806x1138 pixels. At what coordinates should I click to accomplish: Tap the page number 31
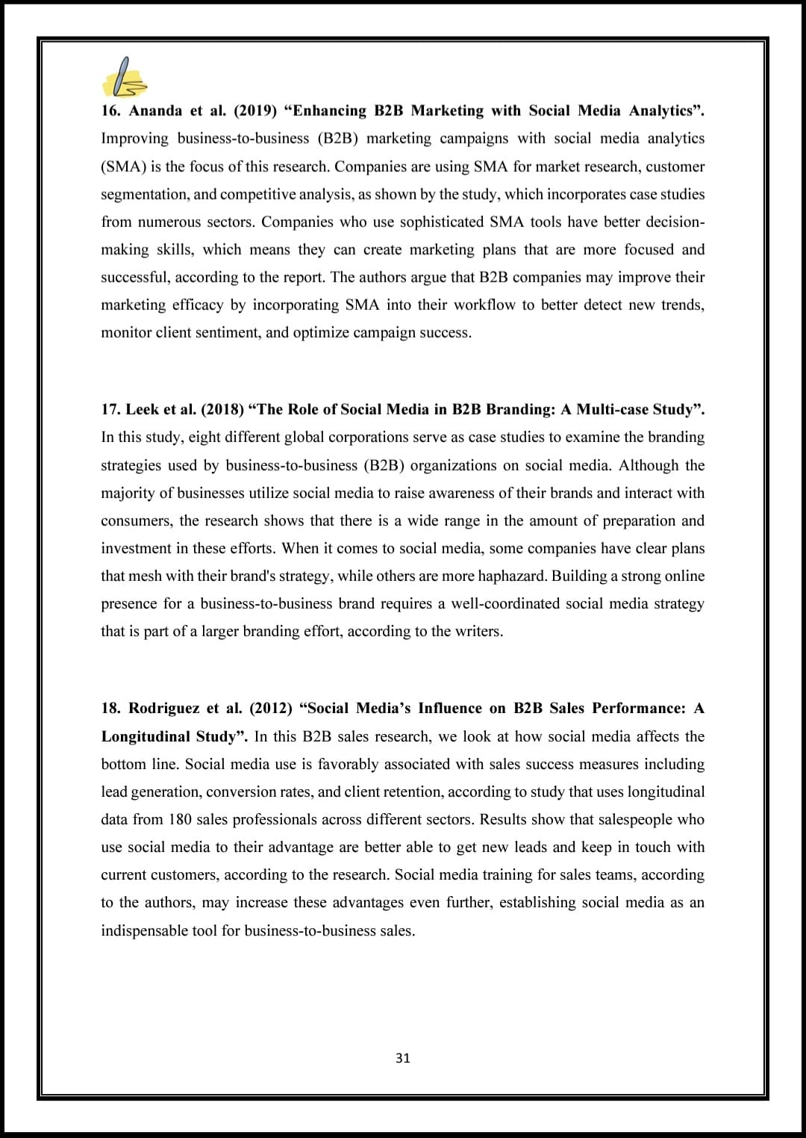[403, 1058]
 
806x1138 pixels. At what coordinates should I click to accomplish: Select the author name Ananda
[155, 111]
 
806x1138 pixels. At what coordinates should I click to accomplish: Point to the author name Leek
[141, 409]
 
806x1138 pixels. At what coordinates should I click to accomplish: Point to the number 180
[180, 819]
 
